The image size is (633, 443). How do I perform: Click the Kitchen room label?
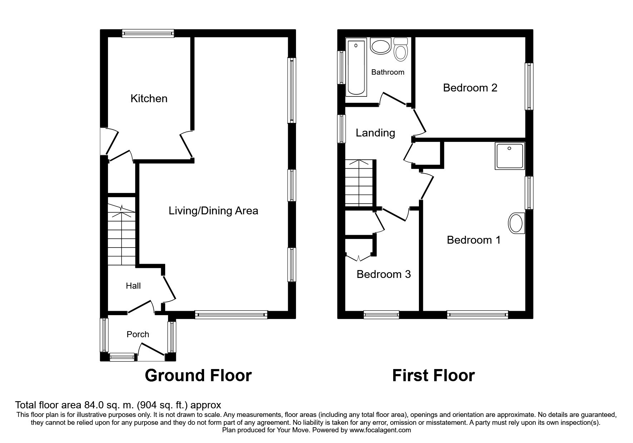click(149, 99)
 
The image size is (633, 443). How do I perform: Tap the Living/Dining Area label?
click(213, 211)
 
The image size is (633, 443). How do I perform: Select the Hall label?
click(133, 286)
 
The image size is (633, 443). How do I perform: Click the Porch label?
click(138, 334)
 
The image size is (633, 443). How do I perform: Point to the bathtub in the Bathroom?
click(356, 68)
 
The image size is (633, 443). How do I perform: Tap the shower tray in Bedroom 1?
click(510, 156)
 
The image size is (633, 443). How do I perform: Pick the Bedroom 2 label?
click(470, 88)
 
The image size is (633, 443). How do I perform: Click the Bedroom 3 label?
click(384, 274)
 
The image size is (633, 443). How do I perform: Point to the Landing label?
click(375, 133)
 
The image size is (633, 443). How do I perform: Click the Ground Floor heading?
click(198, 376)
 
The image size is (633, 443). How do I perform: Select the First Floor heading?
click(433, 376)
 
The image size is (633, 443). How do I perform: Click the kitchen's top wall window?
click(148, 34)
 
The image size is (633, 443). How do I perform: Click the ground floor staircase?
click(122, 236)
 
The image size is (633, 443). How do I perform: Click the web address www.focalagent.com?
click(380, 430)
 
